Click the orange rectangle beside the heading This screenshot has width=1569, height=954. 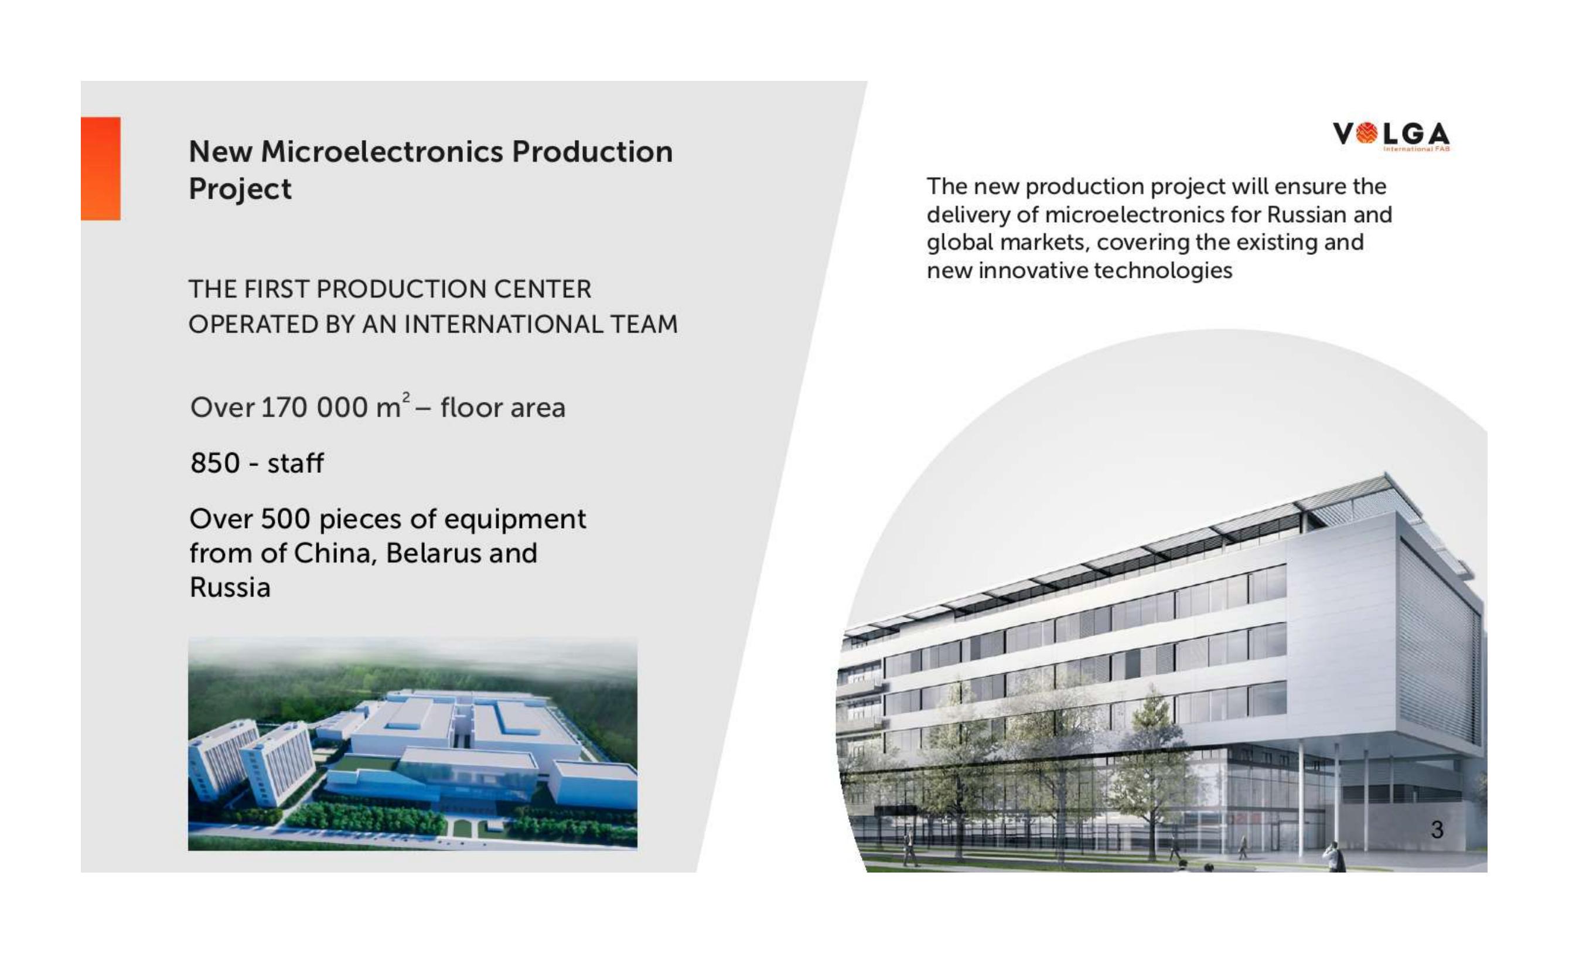[x=101, y=169]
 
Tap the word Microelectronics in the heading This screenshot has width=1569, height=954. [x=382, y=152]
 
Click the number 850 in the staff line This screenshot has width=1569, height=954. [x=215, y=463]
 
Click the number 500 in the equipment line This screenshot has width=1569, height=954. [x=285, y=519]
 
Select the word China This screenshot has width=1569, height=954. [x=336, y=553]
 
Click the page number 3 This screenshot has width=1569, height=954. [x=1437, y=829]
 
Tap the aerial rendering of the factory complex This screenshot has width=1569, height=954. [x=412, y=744]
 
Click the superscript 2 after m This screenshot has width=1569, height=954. [x=406, y=397]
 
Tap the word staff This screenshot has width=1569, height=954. [x=295, y=463]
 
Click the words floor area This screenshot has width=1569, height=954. [x=503, y=408]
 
